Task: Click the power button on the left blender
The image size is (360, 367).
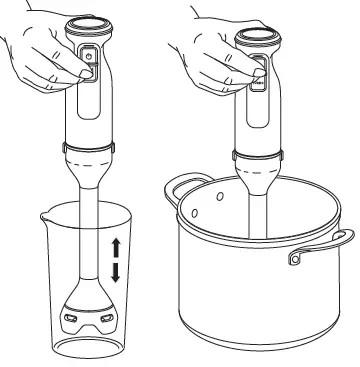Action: [x=88, y=59]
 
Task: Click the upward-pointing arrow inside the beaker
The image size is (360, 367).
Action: [x=116, y=247]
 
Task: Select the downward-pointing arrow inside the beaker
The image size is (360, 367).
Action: [x=116, y=271]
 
